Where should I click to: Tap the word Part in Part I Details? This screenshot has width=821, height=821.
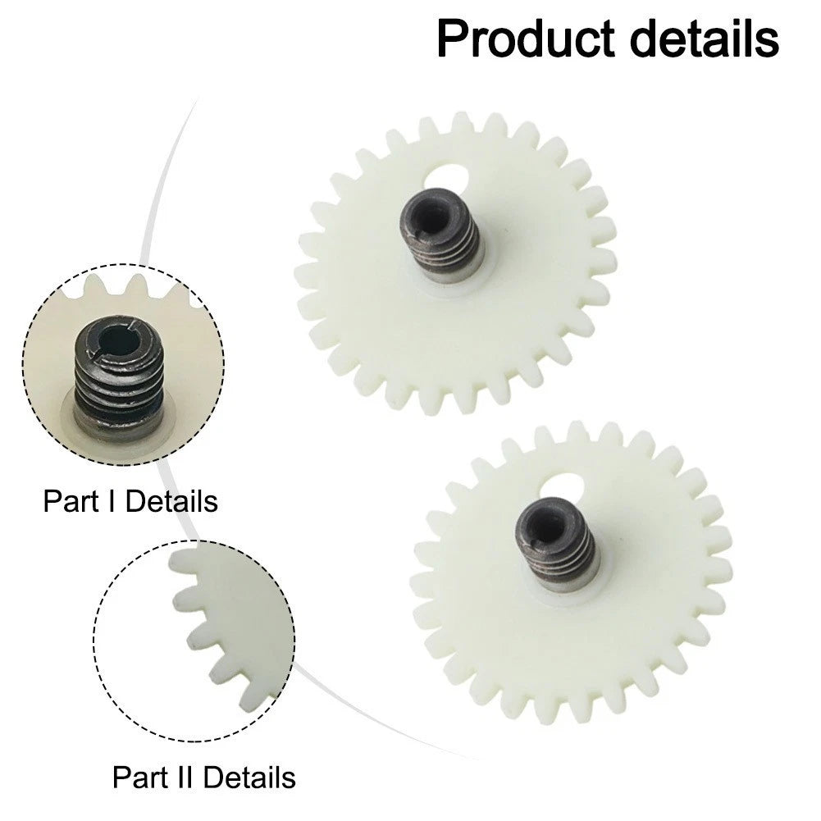click(x=71, y=501)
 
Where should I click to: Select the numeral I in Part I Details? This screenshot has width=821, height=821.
click(x=112, y=501)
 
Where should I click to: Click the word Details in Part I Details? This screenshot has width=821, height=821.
click(x=171, y=501)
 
